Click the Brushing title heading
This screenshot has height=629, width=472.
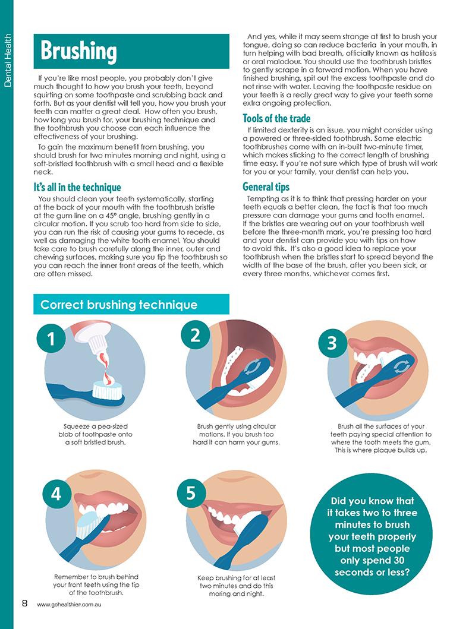pos(78,51)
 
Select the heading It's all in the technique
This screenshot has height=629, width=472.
pos(77,187)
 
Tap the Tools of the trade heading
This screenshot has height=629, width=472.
pos(276,118)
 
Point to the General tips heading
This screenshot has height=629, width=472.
pos(266,187)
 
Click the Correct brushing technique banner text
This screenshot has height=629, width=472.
pos(119,305)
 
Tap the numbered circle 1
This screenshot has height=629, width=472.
pos(51,339)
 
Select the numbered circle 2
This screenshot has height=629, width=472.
pos(196,335)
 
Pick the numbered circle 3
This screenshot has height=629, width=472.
pos(332,343)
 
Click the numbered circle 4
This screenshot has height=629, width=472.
pos(56,494)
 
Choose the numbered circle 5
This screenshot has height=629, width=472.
pos(191,493)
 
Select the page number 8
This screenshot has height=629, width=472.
pos(25,603)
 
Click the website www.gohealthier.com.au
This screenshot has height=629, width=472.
pos(68,605)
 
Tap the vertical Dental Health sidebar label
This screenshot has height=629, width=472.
pos(8,60)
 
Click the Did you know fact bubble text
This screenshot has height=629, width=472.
pos(372,536)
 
